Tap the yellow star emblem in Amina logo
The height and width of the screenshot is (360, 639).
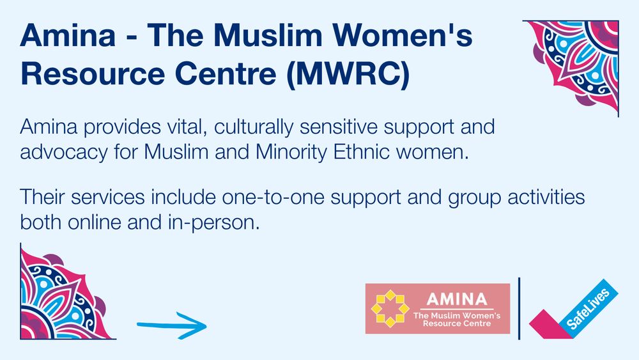(x=390, y=308)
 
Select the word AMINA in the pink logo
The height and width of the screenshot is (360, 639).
(x=456, y=299)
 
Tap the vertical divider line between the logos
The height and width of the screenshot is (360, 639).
(x=520, y=308)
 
